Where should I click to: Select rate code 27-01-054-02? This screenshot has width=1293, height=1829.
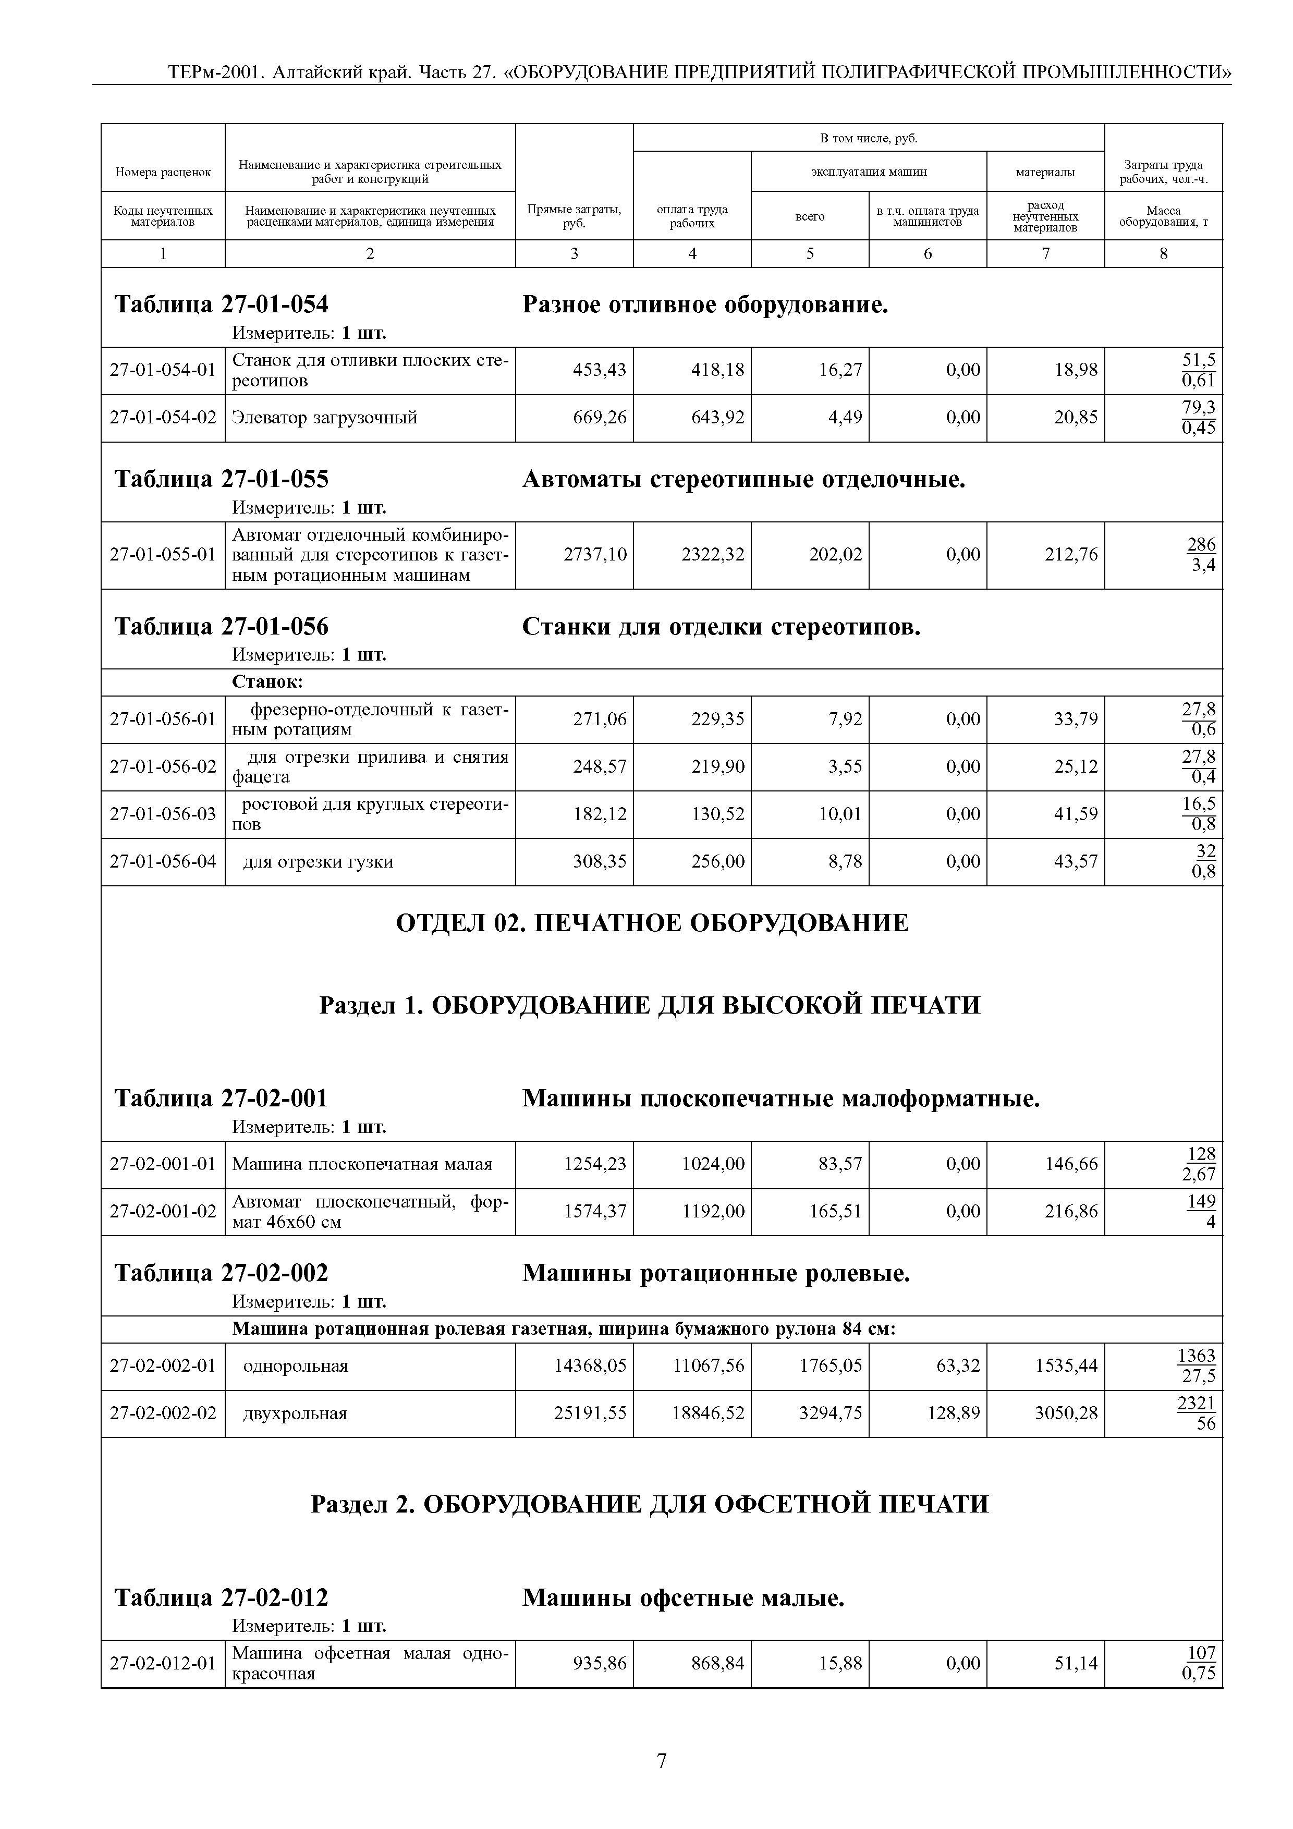click(163, 418)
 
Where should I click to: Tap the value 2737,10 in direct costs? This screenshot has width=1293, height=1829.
click(594, 554)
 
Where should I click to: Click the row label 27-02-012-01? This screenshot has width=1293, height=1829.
click(163, 1663)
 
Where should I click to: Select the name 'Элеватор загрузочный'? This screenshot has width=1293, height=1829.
click(324, 418)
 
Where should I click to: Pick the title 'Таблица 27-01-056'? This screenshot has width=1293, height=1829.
click(222, 627)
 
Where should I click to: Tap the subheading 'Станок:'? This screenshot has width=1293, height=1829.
click(267, 682)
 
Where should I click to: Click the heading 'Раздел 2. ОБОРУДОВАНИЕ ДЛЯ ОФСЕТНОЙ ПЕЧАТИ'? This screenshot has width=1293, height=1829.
click(649, 1504)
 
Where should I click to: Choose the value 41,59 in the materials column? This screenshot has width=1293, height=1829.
click(1076, 814)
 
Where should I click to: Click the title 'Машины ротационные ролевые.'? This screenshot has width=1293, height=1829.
click(715, 1274)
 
